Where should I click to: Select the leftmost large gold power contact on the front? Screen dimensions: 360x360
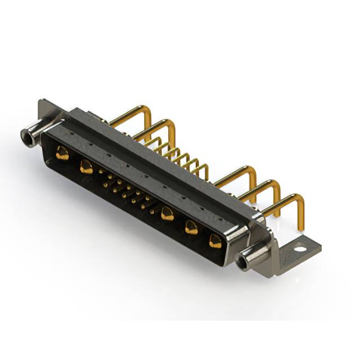(x=62, y=153)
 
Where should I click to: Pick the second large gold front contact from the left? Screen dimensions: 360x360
(x=86, y=166)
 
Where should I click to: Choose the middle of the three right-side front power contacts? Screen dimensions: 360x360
(x=191, y=227)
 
